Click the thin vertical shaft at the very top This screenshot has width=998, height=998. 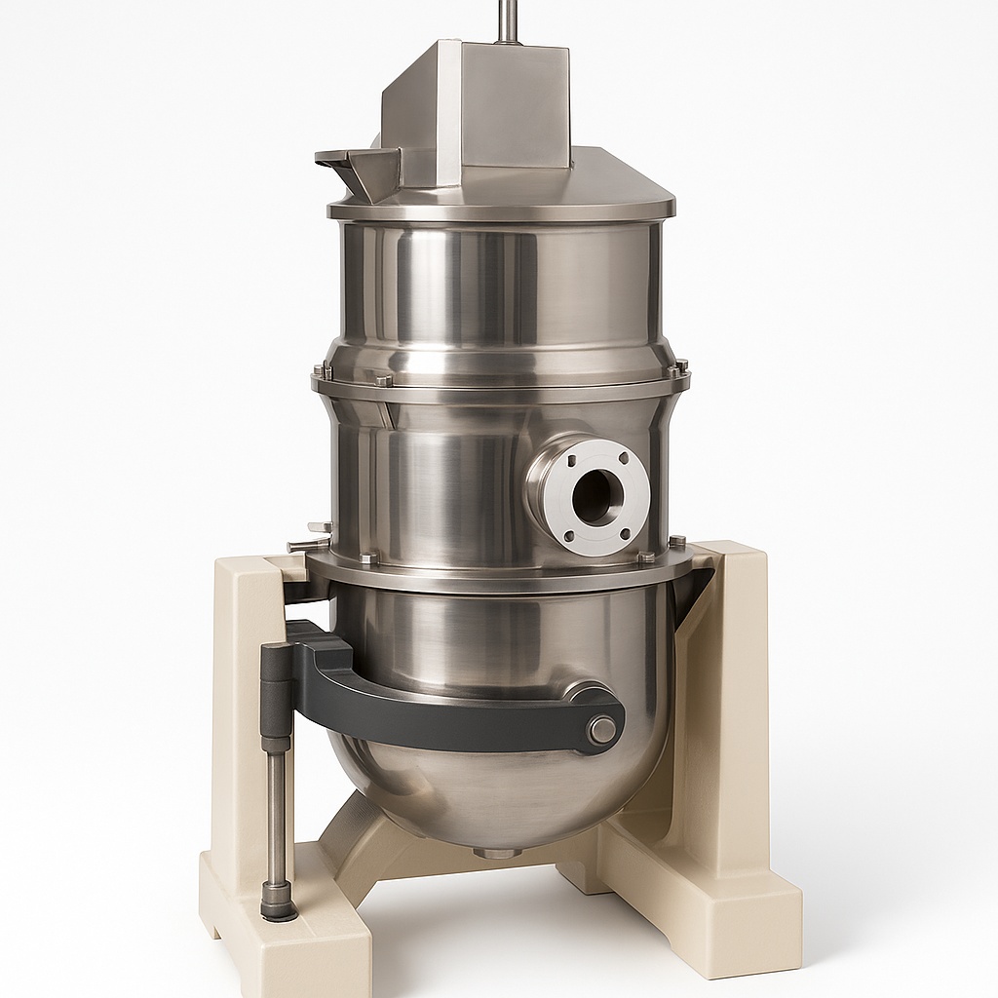[506, 19]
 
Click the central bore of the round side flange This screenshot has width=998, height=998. [595, 496]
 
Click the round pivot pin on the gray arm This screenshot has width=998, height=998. [602, 729]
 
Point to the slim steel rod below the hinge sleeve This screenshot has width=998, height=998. [278, 819]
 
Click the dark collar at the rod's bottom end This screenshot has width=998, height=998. [279, 902]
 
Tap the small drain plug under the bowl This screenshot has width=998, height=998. [497, 853]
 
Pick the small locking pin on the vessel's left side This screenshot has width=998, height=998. [308, 543]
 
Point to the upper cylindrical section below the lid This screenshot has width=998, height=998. [497, 283]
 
